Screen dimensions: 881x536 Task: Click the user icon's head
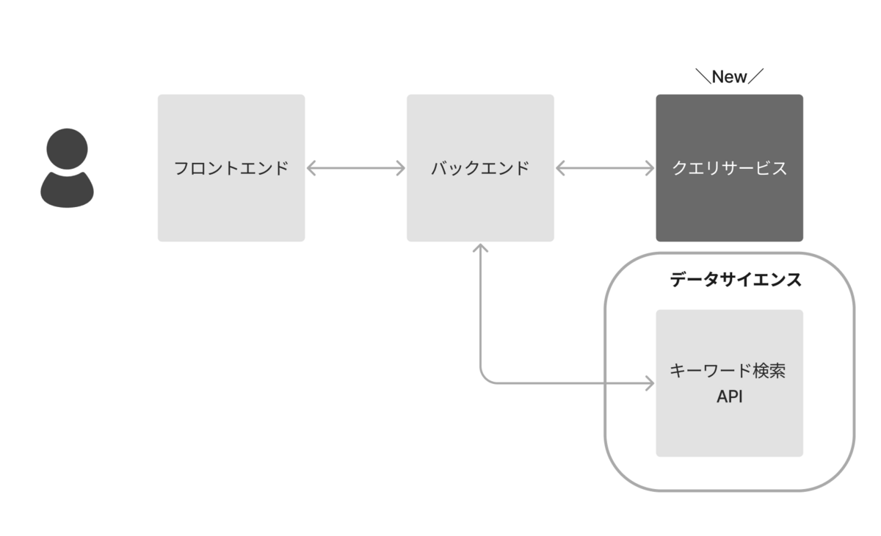pos(67,148)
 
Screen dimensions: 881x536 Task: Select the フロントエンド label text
pos(231,168)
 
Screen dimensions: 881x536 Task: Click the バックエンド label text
pos(480,168)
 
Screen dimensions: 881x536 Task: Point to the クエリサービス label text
pos(729,168)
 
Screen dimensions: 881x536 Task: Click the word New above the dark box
pos(729,76)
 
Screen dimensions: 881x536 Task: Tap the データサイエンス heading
pos(736,280)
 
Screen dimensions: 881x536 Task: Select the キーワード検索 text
pos(728,371)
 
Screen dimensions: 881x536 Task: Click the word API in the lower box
pos(730,396)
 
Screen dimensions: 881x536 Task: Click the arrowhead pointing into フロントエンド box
pos(311,168)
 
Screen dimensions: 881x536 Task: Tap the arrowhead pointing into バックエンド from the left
pos(401,168)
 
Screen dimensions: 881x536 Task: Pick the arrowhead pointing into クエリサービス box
pos(650,168)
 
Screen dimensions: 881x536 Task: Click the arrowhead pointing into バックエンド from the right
pos(560,168)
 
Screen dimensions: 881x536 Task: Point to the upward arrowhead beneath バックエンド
pos(480,247)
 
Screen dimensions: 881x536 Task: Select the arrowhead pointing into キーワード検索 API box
pos(650,383)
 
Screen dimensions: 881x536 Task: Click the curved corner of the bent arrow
pos(485,378)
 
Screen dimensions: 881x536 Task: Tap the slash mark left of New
pos(703,76)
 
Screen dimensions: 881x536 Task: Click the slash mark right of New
pos(756,76)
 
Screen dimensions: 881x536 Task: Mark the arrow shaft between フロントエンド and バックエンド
pos(356,168)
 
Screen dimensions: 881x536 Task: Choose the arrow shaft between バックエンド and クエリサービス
pos(605,168)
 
